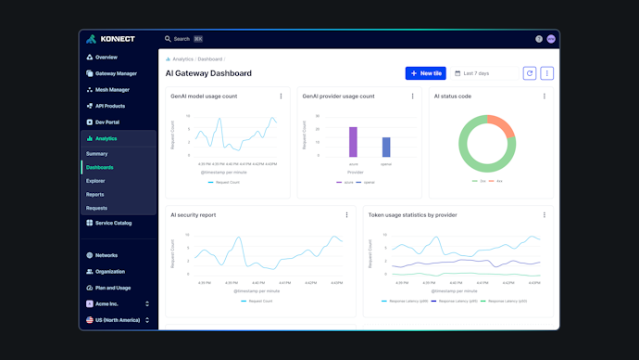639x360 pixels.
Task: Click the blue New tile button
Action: coord(425,73)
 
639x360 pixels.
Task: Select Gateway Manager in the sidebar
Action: coord(116,73)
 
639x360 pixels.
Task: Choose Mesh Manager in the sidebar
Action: coord(112,90)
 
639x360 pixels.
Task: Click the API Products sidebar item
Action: coord(110,106)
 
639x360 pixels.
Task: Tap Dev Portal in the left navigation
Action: coord(107,122)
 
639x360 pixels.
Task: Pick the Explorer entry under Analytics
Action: coord(95,181)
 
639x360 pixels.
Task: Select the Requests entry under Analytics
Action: coord(96,208)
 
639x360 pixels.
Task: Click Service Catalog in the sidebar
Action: coord(113,223)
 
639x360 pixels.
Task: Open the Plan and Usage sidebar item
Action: coord(113,288)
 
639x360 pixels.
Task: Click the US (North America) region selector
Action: coord(118,320)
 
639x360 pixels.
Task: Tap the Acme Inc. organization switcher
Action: coord(118,303)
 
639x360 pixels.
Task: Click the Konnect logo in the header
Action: coord(110,39)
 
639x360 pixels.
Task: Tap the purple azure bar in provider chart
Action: coord(353,142)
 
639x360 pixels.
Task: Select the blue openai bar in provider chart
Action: coord(386,147)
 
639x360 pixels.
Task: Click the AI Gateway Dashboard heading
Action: coord(208,73)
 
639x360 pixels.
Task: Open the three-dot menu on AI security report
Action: coord(347,215)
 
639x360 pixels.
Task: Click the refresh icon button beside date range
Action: coord(530,73)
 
